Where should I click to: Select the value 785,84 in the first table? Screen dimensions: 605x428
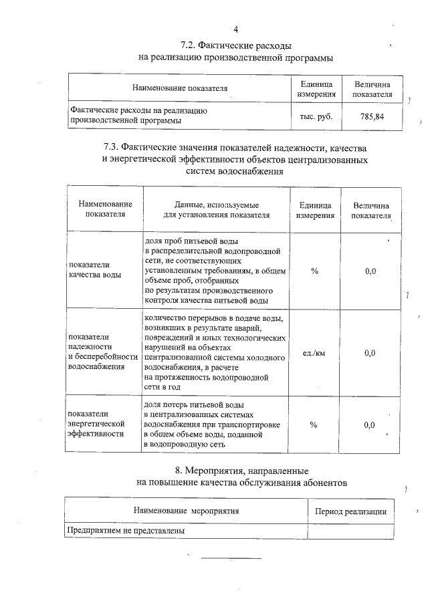(x=372, y=116)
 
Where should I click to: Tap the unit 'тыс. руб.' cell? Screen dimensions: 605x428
(x=316, y=116)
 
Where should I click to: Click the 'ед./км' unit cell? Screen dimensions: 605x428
(x=314, y=353)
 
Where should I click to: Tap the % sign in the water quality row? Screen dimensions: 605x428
(x=314, y=271)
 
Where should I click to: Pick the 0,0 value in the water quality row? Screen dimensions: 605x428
(x=370, y=271)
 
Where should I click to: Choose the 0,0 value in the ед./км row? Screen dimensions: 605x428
(x=370, y=353)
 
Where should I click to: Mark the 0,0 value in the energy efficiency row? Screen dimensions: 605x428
(x=369, y=425)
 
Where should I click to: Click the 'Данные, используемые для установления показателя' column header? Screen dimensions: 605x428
(x=217, y=210)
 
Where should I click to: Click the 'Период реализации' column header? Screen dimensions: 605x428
(x=350, y=511)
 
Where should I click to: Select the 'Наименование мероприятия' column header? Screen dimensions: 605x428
(x=186, y=511)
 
